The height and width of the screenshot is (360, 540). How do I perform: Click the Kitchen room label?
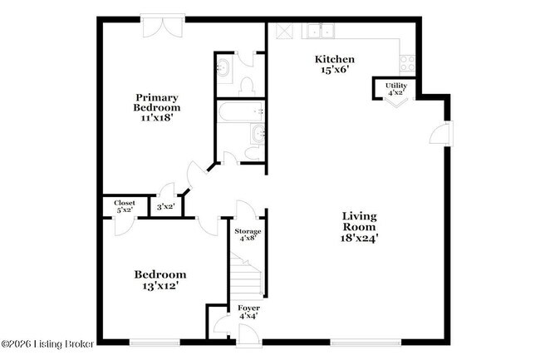(335, 59)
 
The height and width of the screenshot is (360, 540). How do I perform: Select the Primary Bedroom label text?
(156, 101)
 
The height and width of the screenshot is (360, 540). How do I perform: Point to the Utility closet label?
(395, 86)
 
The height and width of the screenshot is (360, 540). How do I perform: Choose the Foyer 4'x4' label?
(248, 312)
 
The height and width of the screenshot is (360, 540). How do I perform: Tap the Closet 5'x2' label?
(125, 205)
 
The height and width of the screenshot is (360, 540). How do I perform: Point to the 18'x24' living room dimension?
(360, 237)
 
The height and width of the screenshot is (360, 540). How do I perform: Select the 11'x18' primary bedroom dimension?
(156, 118)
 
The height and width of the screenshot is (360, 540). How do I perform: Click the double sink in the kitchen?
(318, 32)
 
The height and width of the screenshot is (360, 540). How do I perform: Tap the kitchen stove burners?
(407, 62)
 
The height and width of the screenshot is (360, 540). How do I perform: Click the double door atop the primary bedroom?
(158, 27)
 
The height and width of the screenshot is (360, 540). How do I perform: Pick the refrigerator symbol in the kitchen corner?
(283, 30)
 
